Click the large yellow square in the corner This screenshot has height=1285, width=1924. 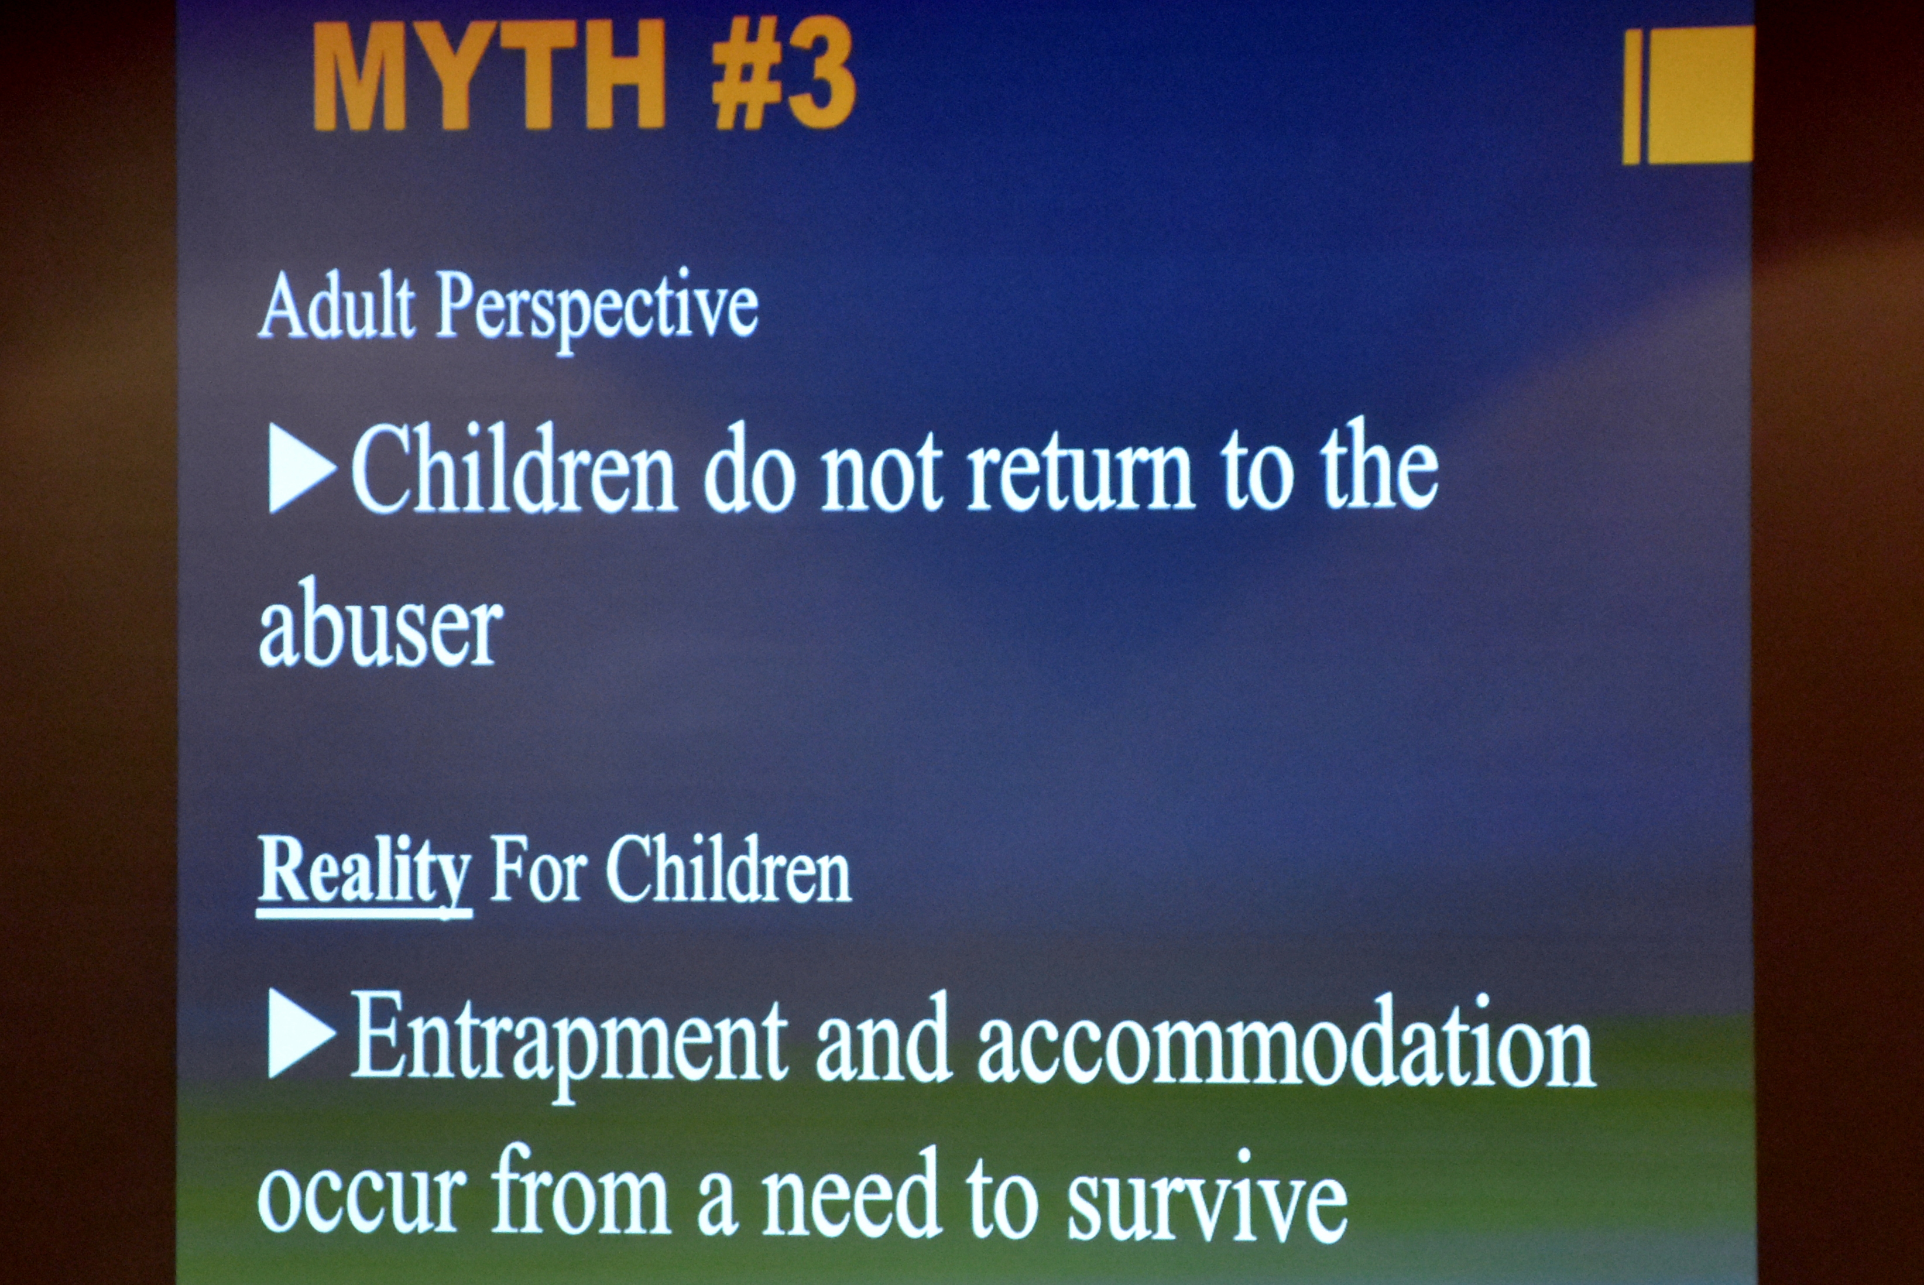[1699, 94]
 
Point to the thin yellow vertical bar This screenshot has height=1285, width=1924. [1631, 97]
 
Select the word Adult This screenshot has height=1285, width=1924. [336, 306]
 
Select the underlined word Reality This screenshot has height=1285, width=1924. [365, 872]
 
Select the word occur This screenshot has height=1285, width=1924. [362, 1197]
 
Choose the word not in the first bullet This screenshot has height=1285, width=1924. [881, 473]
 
